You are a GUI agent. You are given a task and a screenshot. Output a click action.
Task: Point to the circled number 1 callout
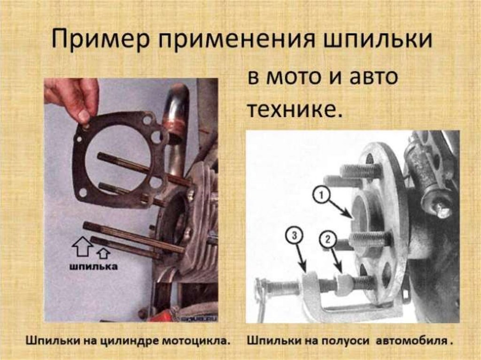tap(321, 196)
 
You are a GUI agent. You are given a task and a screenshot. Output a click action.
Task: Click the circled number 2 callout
tap(328, 238)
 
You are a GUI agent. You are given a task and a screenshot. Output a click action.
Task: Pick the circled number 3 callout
tap(294, 236)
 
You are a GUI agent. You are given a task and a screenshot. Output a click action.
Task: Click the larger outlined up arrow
tap(82, 247)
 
